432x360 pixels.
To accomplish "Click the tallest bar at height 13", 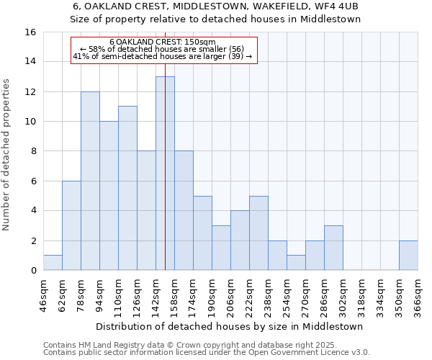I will [x=165, y=174].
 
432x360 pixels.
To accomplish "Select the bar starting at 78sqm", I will [x=90, y=181].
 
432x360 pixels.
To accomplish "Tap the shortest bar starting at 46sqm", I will [x=53, y=263].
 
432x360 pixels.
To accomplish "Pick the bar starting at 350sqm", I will [x=408, y=256].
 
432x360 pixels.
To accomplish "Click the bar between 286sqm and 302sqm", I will [x=333, y=248].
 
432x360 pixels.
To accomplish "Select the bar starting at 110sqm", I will [x=127, y=188].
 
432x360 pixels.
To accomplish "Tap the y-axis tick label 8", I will [x=33, y=151].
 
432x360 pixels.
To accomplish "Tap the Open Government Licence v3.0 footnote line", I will [x=207, y=353].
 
